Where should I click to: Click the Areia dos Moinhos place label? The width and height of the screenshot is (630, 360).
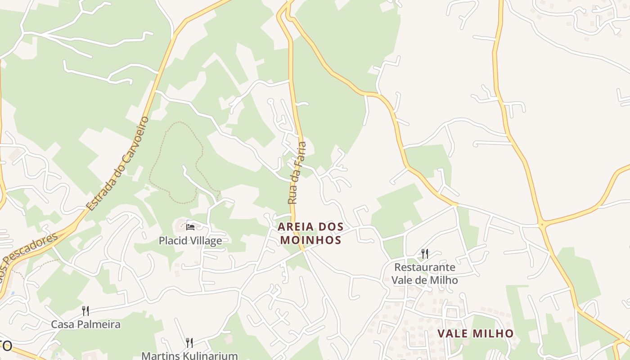click(310, 233)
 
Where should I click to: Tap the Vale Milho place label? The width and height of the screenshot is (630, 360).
click(476, 333)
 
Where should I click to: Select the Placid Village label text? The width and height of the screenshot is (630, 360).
click(190, 241)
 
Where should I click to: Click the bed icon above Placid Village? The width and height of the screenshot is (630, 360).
click(190, 227)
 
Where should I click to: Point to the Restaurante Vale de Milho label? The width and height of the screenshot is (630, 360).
click(424, 274)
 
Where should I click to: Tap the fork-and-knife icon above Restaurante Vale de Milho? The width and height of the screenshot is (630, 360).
click(424, 254)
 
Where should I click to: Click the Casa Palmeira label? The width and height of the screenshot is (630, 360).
click(85, 324)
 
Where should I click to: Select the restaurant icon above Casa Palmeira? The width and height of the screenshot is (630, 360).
click(85, 310)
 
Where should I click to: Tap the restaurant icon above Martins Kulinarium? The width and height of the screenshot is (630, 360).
click(189, 343)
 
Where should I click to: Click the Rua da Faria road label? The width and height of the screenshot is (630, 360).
click(297, 173)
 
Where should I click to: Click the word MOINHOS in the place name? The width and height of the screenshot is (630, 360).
click(310, 240)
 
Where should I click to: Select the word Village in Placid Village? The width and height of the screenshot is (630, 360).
click(205, 241)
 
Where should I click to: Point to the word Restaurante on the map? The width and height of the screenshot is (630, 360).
click(424, 267)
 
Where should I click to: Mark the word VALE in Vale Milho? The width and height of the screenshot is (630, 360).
click(454, 333)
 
